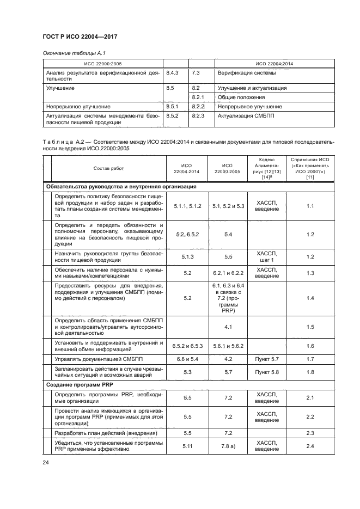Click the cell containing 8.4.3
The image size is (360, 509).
click(x=173, y=72)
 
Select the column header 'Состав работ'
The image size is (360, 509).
click(x=108, y=169)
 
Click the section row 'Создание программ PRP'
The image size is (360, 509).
click(x=79, y=384)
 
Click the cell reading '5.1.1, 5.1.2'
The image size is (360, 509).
click(x=187, y=207)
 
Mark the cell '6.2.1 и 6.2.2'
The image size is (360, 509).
click(x=228, y=272)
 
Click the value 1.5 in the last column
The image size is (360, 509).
click(x=310, y=327)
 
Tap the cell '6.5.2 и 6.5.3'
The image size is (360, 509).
click(x=187, y=346)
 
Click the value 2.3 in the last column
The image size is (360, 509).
click(x=310, y=433)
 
